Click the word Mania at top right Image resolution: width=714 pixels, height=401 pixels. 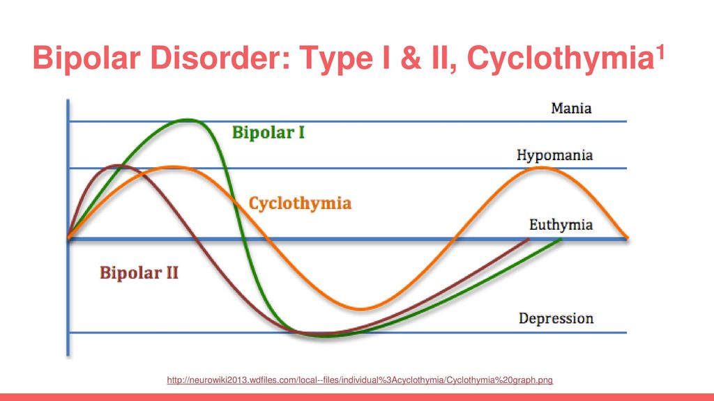[x=571, y=108]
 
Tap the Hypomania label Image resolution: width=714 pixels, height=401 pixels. [x=554, y=156]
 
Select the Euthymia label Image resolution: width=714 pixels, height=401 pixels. [x=561, y=225]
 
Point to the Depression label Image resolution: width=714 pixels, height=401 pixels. [x=556, y=318]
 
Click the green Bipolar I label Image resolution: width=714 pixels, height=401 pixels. [x=268, y=133]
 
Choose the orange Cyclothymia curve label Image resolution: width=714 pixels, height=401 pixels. [x=300, y=203]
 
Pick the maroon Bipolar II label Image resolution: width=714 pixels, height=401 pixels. [x=139, y=273]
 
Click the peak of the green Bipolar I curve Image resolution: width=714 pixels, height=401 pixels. [x=188, y=120]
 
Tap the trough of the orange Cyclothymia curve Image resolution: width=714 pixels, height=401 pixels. [x=361, y=309]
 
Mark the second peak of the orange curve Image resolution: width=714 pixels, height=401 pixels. [x=541, y=168]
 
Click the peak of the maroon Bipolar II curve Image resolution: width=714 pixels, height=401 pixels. [x=119, y=166]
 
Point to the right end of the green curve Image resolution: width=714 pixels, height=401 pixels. [x=561, y=239]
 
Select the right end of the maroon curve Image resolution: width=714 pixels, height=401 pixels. [x=529, y=239]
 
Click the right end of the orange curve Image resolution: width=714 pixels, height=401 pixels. [x=627, y=237]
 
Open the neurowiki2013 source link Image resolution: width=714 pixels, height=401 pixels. [x=360, y=380]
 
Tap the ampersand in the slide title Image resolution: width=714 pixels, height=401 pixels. [x=411, y=58]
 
